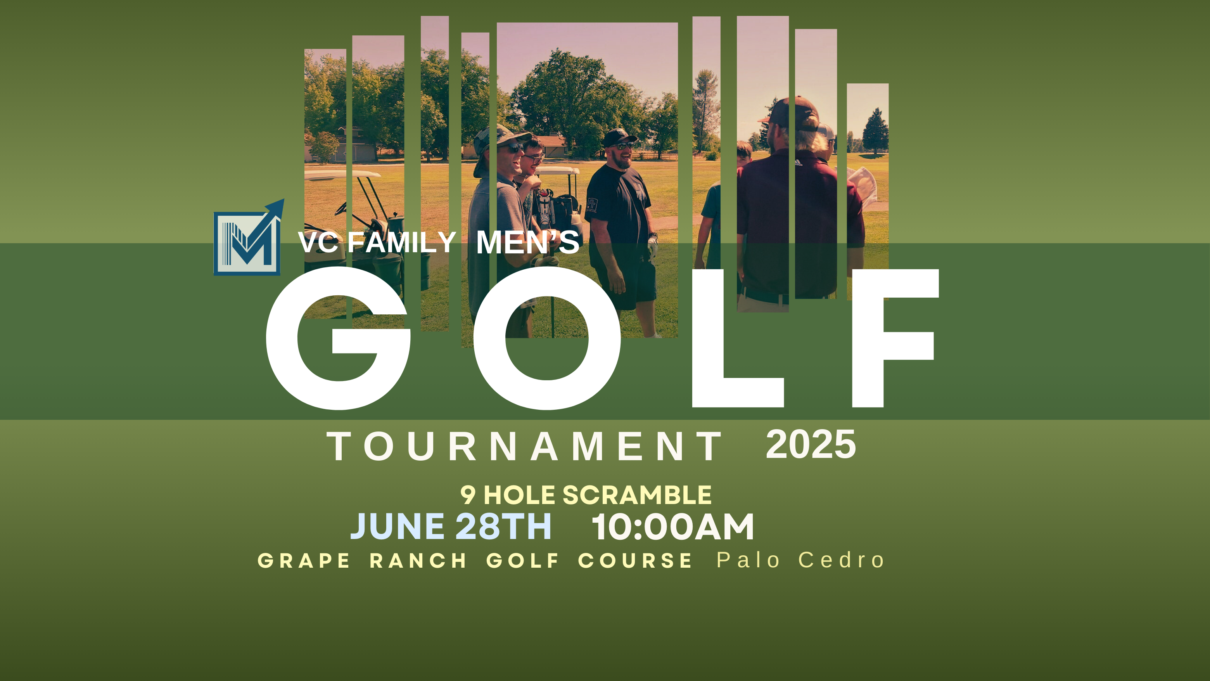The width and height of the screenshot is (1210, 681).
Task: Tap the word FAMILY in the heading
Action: click(x=402, y=243)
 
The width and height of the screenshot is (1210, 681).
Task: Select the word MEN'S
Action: click(x=527, y=243)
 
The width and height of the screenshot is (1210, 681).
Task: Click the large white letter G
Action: click(x=338, y=338)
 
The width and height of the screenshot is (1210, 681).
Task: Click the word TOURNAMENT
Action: click(x=524, y=447)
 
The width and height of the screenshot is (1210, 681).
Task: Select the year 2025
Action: click(x=811, y=445)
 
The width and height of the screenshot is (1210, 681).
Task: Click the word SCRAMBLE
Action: click(x=637, y=495)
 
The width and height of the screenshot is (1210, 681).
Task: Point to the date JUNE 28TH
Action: click(x=451, y=527)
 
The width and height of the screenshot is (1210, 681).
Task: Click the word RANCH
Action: click(x=418, y=561)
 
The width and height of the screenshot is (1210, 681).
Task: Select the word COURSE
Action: click(x=635, y=561)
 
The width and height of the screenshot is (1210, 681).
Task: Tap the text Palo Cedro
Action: click(x=800, y=560)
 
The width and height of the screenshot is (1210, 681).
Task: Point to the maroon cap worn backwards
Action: click(x=794, y=113)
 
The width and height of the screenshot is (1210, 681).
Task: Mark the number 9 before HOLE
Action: click(x=468, y=495)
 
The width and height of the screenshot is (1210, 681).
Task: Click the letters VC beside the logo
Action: click(x=318, y=243)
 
